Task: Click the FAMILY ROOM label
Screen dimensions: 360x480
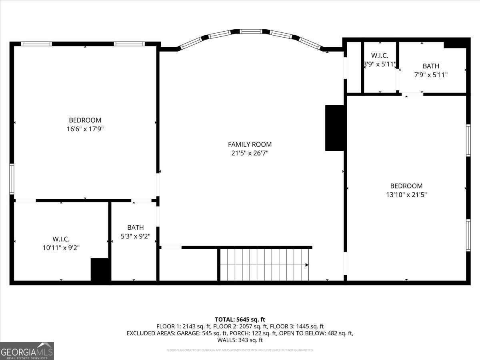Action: [250, 144]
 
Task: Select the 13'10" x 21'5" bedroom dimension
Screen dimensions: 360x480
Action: [406, 195]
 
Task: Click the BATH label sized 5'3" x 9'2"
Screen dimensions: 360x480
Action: [135, 228]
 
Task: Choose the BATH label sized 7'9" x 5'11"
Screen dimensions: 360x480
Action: [431, 66]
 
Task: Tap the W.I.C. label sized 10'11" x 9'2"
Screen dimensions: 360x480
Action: [61, 239]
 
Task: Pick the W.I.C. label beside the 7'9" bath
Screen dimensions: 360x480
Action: [379, 56]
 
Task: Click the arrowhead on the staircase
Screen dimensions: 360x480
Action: [306, 265]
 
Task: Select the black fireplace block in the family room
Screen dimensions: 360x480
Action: [335, 128]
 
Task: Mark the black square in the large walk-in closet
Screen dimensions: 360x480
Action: [100, 270]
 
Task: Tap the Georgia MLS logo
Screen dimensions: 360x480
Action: [27, 351]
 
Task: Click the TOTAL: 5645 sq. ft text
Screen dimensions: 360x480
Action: [240, 319]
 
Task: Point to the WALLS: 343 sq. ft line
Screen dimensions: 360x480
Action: [240, 340]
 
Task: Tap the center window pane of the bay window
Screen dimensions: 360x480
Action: [251, 31]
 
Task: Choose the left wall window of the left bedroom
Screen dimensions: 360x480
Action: [12, 179]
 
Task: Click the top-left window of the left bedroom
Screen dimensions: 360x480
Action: [36, 44]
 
